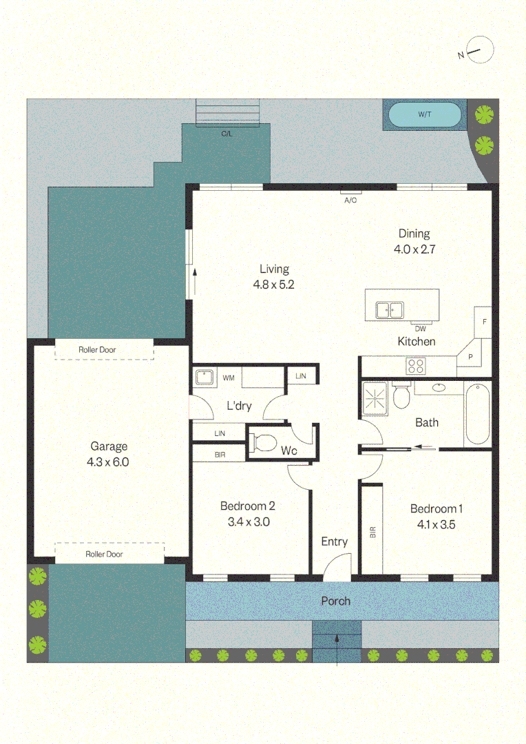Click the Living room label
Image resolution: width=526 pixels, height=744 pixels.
click(274, 269)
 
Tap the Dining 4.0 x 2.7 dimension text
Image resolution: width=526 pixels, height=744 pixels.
click(414, 249)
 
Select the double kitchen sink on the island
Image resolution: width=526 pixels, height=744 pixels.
click(390, 310)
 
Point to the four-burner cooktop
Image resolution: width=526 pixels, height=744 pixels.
click(415, 366)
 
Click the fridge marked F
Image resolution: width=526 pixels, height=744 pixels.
click(483, 322)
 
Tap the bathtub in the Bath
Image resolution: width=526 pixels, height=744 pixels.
click(477, 414)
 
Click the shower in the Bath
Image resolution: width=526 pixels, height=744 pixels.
click(375, 399)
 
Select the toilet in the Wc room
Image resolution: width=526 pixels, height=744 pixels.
click(264, 443)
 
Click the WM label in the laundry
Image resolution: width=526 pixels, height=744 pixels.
click(229, 378)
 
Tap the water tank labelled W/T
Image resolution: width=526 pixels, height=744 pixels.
click(425, 114)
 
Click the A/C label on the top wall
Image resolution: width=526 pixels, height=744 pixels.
click(350, 200)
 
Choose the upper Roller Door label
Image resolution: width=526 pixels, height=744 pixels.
click(97, 350)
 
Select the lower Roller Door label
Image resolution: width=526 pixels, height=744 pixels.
click(104, 554)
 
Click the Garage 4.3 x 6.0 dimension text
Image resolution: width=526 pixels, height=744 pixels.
click(107, 462)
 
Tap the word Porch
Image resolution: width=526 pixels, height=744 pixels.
click(336, 601)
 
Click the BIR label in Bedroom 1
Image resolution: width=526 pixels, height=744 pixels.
click(372, 532)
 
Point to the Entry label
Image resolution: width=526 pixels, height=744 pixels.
click(335, 542)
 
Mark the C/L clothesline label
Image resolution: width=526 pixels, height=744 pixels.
click(227, 134)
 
